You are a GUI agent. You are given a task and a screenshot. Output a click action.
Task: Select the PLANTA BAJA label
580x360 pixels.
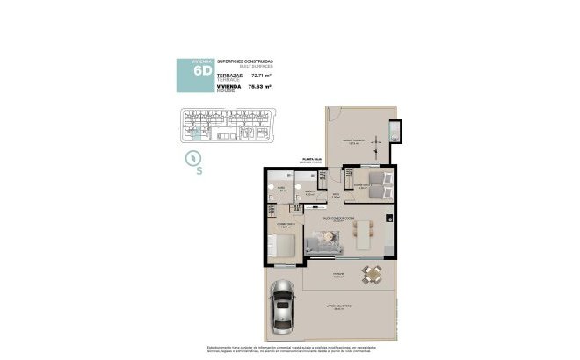coord(312,160)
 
